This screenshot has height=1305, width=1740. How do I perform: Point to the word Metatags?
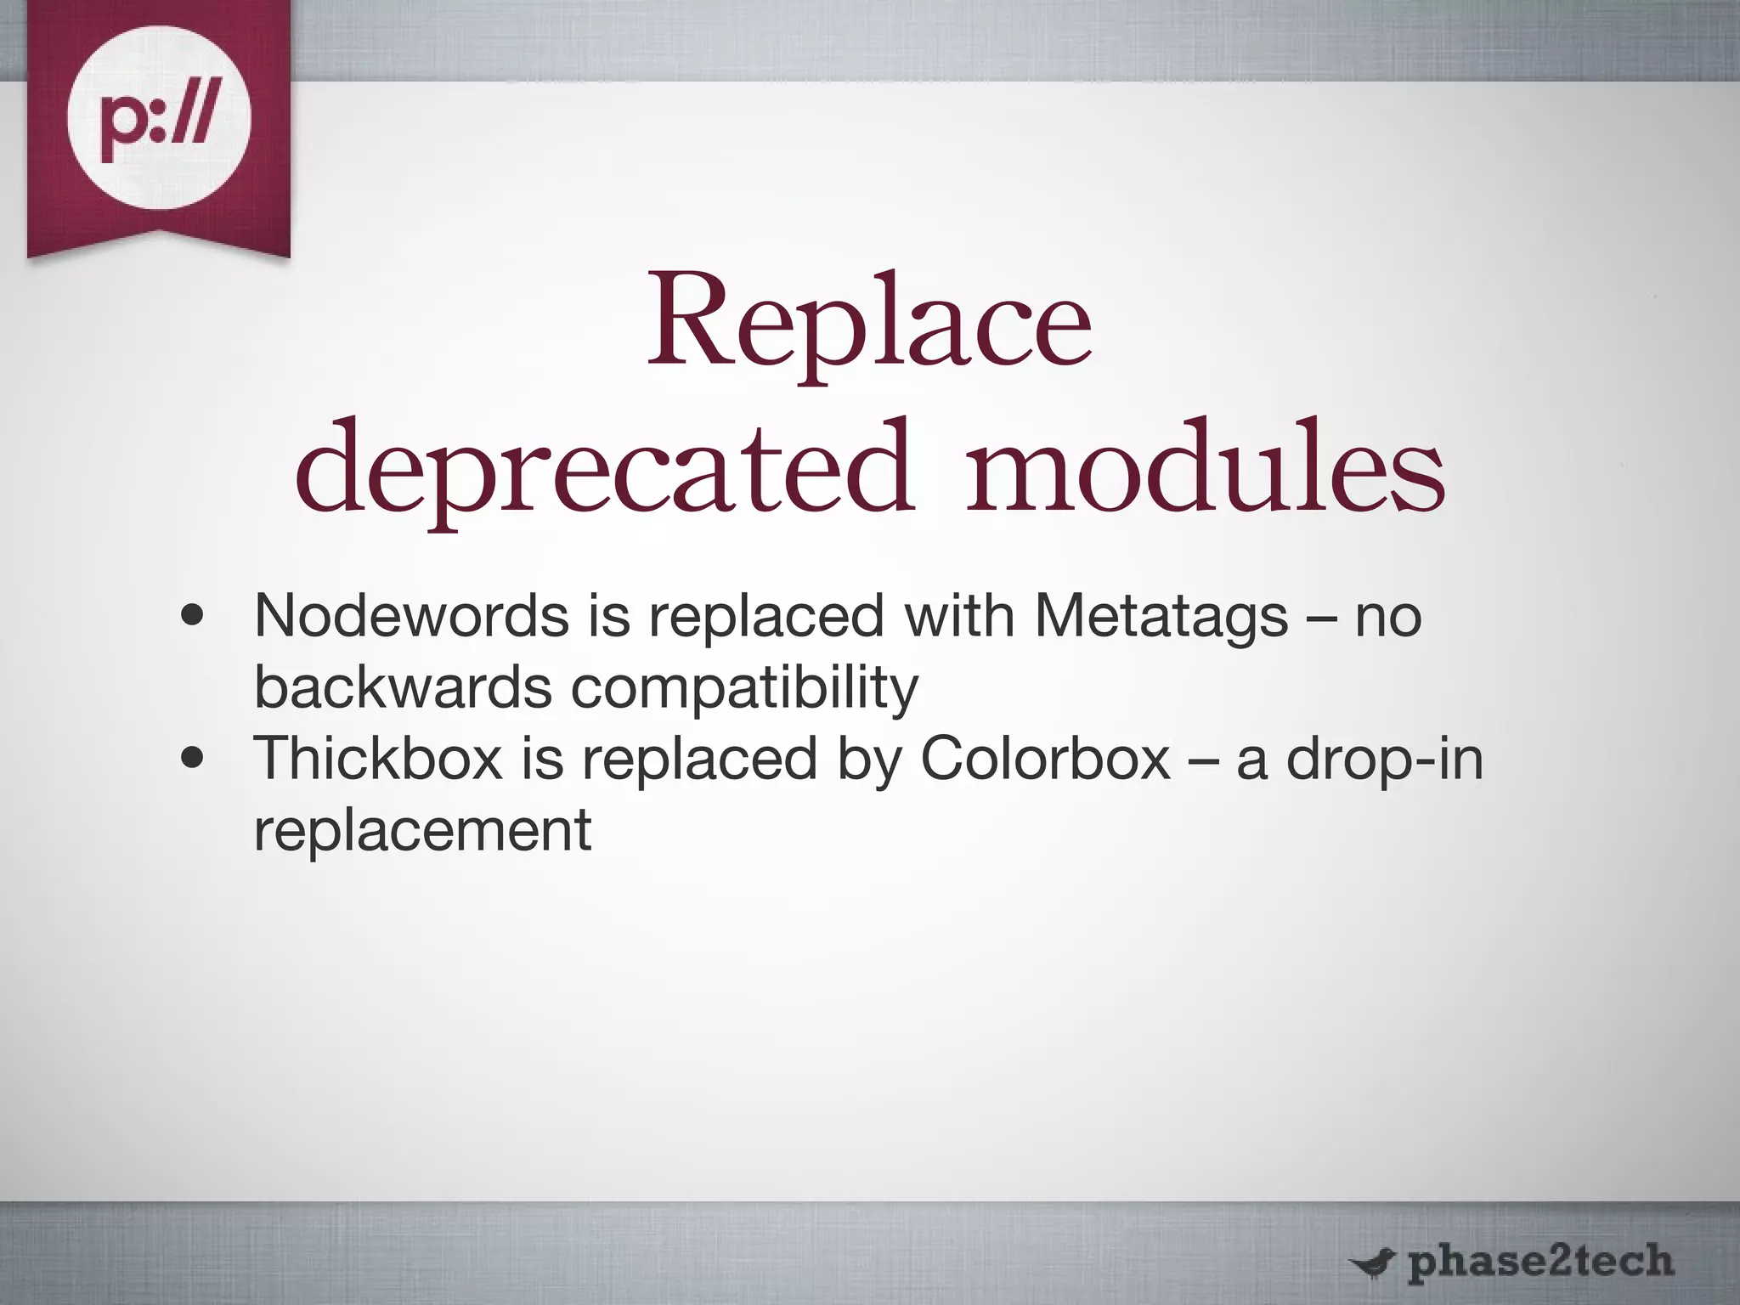(1161, 617)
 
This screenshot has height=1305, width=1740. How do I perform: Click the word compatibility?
(744, 688)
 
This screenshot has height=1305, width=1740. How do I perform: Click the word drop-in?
(1384, 759)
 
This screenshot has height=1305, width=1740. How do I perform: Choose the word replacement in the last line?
(422, 830)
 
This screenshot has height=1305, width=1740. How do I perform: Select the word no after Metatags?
(1387, 618)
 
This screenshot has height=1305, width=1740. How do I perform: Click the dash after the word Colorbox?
(1202, 760)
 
